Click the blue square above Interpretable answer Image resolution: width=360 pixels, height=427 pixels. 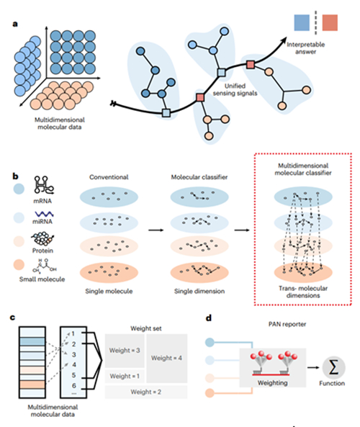[x=302, y=22]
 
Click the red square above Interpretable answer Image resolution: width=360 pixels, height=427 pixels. [x=330, y=22]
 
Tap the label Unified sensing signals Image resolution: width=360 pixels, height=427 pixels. [x=235, y=89]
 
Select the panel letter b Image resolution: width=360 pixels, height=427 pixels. [x=15, y=176]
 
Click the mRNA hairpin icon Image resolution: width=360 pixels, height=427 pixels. [x=44, y=185]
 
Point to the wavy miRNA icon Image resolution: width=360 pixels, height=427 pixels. [x=44, y=214]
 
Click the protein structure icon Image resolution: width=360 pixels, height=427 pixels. [x=42, y=239]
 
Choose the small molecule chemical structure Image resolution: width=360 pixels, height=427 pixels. [x=45, y=266]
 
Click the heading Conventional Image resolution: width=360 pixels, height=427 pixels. [x=109, y=177]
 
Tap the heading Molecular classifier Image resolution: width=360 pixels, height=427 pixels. [x=199, y=177]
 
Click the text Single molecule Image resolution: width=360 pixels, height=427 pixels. [x=109, y=291]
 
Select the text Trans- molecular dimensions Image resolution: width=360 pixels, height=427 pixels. [x=303, y=292]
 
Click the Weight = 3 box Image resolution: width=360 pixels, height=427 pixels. [x=125, y=351]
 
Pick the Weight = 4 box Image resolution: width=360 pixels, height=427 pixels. [x=166, y=358]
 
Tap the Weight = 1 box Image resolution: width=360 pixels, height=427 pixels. [x=125, y=376]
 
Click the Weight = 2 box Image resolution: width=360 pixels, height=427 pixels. [x=146, y=392]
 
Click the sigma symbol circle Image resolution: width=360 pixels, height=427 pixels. [x=333, y=367]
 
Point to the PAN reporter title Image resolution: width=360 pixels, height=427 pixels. [x=287, y=324]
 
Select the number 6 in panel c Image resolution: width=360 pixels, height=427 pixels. [x=73, y=386]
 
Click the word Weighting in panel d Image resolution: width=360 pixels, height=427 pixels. [x=273, y=383]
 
